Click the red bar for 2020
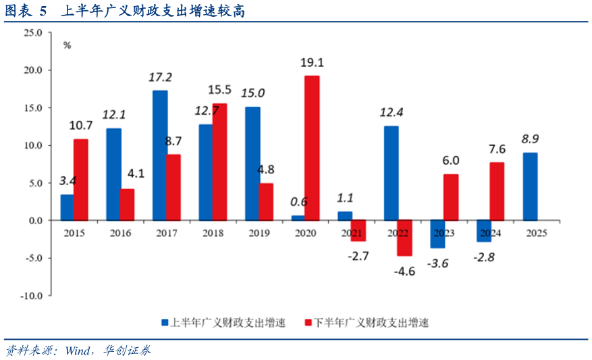click(312, 148)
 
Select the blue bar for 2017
click(160, 155)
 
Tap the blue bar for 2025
click(530, 186)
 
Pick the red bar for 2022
click(404, 238)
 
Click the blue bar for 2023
click(437, 234)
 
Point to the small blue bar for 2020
click(298, 217)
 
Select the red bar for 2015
click(81, 180)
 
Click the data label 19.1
click(312, 62)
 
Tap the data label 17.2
click(160, 78)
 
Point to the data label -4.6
click(405, 271)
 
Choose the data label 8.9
click(530, 139)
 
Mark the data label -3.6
click(437, 263)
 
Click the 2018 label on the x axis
click(213, 233)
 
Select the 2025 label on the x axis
click(537, 233)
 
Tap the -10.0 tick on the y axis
click(30, 296)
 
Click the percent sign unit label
click(67, 45)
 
